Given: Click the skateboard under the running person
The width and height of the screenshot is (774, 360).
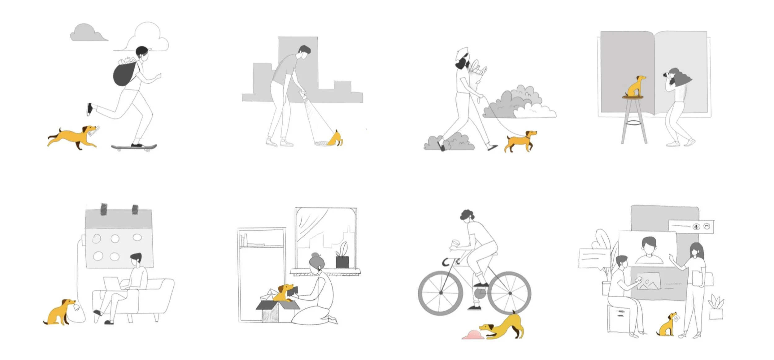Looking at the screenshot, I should (x=134, y=146).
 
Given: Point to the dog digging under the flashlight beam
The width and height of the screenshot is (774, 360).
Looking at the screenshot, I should (x=336, y=138).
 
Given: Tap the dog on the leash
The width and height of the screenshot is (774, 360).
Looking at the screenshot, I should (x=520, y=141).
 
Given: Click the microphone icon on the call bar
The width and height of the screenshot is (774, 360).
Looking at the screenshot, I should (x=696, y=227).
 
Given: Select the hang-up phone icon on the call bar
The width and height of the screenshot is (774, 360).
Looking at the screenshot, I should (x=707, y=227).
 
